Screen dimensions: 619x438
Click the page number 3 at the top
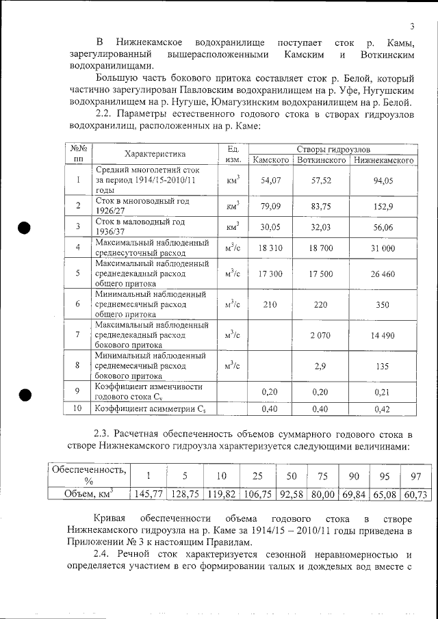click(412, 27)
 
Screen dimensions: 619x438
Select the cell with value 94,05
click(383, 181)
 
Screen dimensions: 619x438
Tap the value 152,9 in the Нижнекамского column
click(383, 206)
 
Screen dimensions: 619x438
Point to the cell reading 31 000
click(383, 248)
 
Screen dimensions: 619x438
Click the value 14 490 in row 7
click(383, 334)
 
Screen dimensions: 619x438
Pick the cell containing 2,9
click(320, 366)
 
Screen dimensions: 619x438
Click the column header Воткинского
click(320, 160)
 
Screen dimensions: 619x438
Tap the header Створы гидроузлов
click(334, 148)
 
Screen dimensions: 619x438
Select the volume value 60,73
click(416, 494)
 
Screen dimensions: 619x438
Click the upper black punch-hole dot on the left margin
click(25, 228)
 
